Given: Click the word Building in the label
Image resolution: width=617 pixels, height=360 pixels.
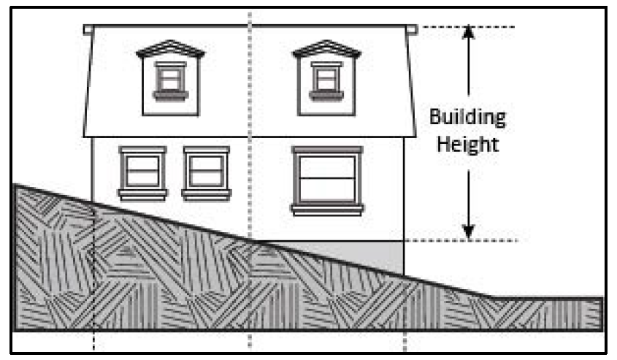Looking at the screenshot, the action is pos(467,117).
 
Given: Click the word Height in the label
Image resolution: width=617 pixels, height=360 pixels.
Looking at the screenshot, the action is pos(467,144).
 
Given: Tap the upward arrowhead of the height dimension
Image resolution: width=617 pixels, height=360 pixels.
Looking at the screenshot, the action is pos(469,32).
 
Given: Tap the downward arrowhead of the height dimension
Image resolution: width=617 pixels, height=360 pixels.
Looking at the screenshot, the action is pos(469,231).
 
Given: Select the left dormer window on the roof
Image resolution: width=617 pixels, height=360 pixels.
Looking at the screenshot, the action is pos(171,77).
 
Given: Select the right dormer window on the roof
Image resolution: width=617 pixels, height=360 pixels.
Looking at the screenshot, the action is pos(326,77).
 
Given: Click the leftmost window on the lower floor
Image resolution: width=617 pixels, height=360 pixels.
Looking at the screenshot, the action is pos(143,172).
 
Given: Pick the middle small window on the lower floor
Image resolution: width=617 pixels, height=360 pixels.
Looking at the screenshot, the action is pos(207,172).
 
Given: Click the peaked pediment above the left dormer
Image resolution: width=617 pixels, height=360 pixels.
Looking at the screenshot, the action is pos(171,49).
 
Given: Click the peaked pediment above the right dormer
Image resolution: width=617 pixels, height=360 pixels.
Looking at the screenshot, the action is pos(326,49).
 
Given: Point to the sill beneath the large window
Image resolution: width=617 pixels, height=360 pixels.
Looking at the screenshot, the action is pos(326,210).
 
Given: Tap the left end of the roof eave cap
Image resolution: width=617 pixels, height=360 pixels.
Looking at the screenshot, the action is pos(88,29).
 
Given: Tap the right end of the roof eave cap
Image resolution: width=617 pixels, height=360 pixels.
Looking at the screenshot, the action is pos(414,29).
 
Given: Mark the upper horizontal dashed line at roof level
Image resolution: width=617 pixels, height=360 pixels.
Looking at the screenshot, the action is pos(467,27).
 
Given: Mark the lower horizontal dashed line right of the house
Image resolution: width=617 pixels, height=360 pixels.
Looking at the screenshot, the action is pos(467,240).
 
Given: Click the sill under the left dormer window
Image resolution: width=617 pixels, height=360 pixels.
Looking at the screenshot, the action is pos(171,95).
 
